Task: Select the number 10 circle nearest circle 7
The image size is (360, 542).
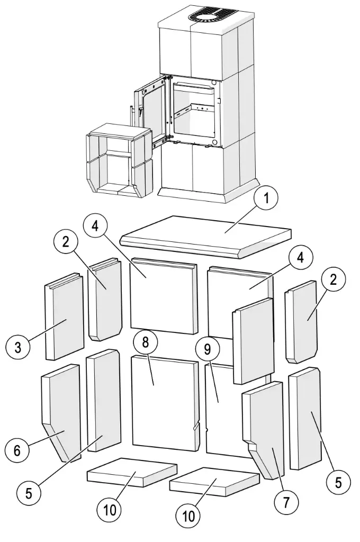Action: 188,516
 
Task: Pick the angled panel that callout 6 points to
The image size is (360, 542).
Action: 61,413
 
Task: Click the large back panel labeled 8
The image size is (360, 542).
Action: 163,402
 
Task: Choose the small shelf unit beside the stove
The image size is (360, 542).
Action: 118,159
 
